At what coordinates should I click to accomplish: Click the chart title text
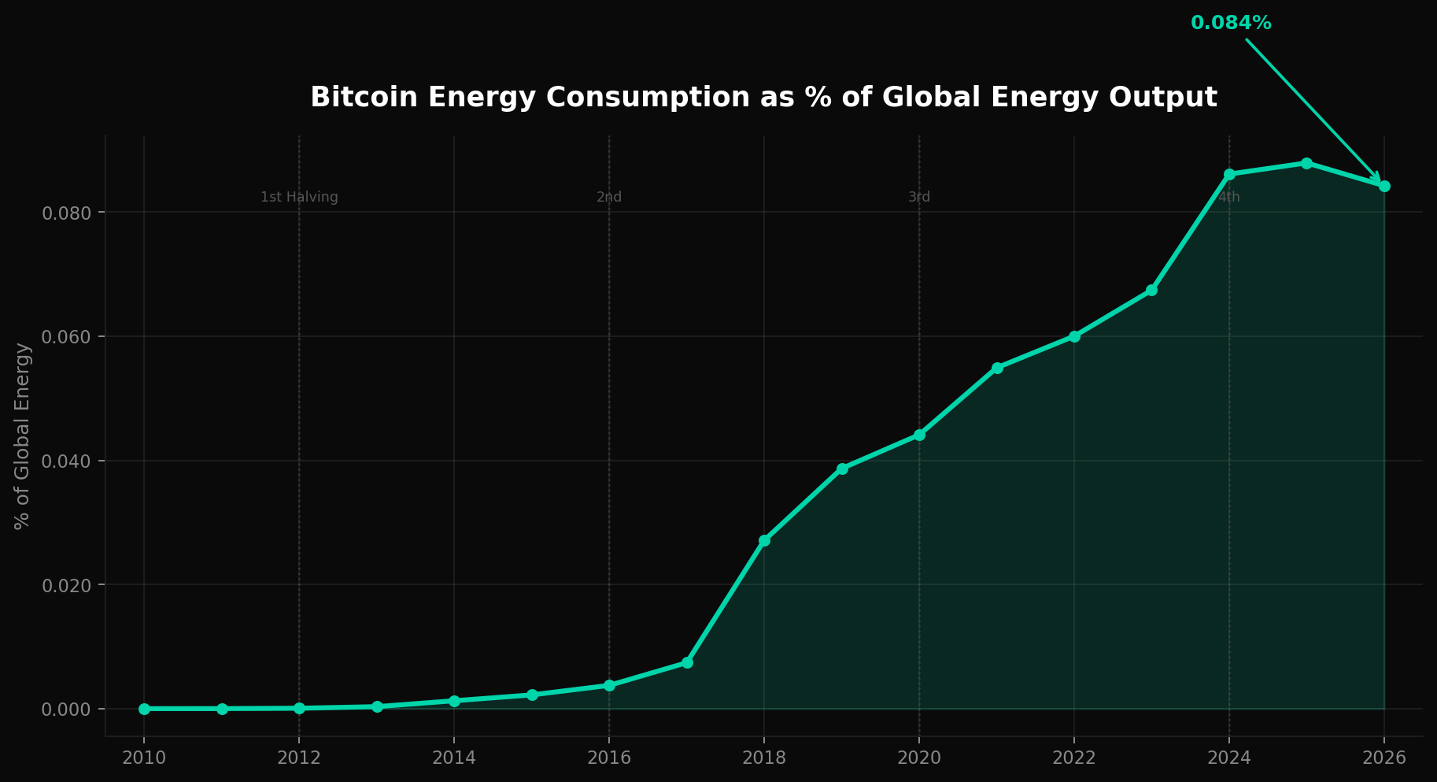coord(763,98)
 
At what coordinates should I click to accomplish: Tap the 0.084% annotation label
coord(1231,24)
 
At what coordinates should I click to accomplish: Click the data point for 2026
coord(1384,186)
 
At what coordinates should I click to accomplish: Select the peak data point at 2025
coord(1306,163)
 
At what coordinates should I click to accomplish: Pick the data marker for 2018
coord(764,540)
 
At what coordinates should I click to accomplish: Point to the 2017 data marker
coord(687,662)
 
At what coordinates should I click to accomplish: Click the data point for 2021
coord(997,368)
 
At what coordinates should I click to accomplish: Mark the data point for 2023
coord(1151,290)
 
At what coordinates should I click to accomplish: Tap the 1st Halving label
coord(299,198)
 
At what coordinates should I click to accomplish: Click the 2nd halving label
coord(609,198)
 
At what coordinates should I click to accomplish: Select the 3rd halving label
coord(919,198)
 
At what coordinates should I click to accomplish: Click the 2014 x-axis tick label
coord(454,758)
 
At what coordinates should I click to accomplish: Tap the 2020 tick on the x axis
coord(919,758)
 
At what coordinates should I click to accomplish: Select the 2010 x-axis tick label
coord(144,758)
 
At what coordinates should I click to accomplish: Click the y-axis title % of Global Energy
coord(23,435)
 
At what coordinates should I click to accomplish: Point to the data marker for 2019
coord(842,469)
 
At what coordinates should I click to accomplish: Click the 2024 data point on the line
coord(1229,174)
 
